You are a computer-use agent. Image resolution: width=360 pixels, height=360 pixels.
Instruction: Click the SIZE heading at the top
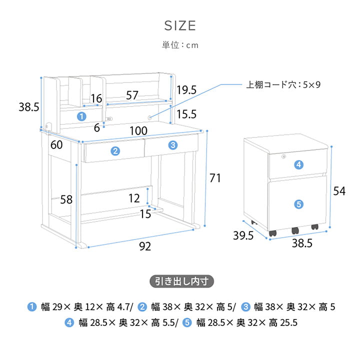tap(180, 25)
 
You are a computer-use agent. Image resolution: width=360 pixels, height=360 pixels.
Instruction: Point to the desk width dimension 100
tap(138, 131)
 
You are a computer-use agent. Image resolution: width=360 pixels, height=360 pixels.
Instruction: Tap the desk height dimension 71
tap(215, 178)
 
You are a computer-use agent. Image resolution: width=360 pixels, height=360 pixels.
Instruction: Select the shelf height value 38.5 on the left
tap(29, 107)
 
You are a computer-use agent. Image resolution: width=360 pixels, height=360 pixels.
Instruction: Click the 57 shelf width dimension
tap(132, 95)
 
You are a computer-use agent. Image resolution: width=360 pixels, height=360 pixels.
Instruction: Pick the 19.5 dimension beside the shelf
tap(186, 90)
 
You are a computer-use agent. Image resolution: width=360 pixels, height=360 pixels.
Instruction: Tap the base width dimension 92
tap(144, 246)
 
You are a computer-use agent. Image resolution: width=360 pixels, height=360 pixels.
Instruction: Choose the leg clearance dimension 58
tap(66, 199)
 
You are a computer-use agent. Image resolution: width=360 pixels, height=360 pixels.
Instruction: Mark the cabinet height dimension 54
tap(339, 191)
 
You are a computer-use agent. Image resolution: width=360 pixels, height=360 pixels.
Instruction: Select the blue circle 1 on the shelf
tap(81, 116)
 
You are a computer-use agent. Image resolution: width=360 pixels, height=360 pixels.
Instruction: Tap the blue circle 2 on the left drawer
tap(115, 151)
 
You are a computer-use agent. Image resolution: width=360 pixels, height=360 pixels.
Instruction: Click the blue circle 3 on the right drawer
tap(172, 145)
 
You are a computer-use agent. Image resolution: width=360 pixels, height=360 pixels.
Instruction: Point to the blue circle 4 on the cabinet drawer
tap(298, 164)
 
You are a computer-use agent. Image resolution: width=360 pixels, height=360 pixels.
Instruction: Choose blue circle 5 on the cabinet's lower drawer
tap(298, 203)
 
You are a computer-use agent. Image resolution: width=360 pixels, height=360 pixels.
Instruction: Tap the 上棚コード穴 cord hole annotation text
tap(283, 84)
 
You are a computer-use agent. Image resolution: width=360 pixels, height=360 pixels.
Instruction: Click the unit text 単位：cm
tap(180, 45)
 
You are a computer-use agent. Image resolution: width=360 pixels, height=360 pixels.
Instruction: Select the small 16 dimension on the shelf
tap(96, 98)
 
